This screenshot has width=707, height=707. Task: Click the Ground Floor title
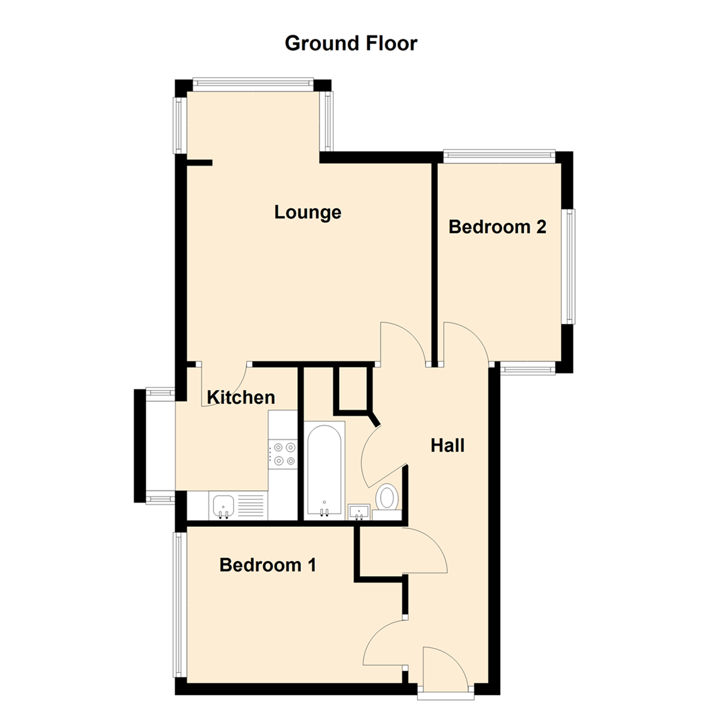coord(351,44)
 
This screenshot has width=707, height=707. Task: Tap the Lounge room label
coord(308,212)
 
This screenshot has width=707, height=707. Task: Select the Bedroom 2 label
coord(497,227)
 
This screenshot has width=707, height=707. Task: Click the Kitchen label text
coord(240,397)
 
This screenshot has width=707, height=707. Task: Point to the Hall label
coord(447,446)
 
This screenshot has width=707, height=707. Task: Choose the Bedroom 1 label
coord(268,564)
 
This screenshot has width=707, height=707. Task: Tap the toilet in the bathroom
coord(388,497)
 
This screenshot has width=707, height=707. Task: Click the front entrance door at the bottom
coord(444,668)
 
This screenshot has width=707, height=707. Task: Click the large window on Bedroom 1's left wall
coord(177,604)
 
